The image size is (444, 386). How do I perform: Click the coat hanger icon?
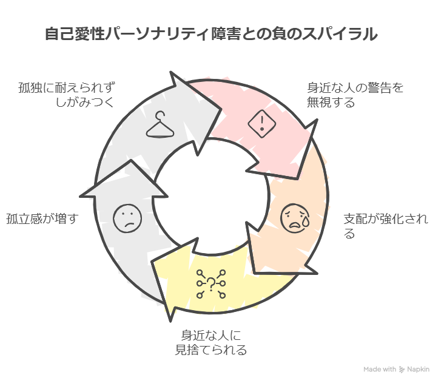pos(160,126)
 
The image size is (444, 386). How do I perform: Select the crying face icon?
pos(295,217)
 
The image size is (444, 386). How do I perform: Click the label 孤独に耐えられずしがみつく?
pos(66,94)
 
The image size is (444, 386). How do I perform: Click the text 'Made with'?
pos(380,369)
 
